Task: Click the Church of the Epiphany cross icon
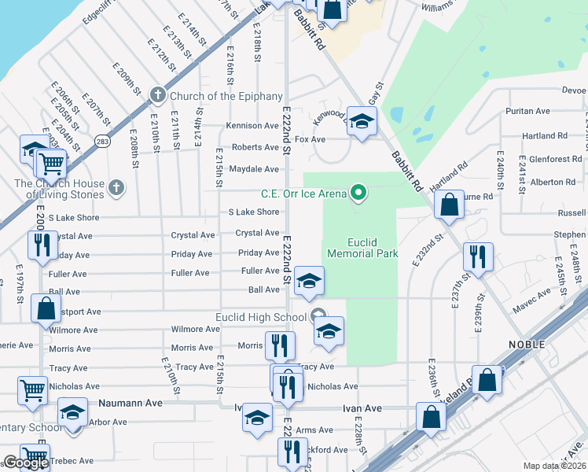coord(157,96)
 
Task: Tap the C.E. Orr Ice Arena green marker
coord(359,191)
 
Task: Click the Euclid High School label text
coord(261,318)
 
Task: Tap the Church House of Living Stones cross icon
coord(116,187)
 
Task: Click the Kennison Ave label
coord(252,126)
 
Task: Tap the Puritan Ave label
coord(525,112)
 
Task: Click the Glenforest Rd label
coord(555,159)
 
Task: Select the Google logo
coord(26,463)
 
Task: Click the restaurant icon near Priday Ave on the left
coord(42,244)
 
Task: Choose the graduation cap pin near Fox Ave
coord(361,121)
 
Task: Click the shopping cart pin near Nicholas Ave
coord(32,388)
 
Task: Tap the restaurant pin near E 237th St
coord(476,255)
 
